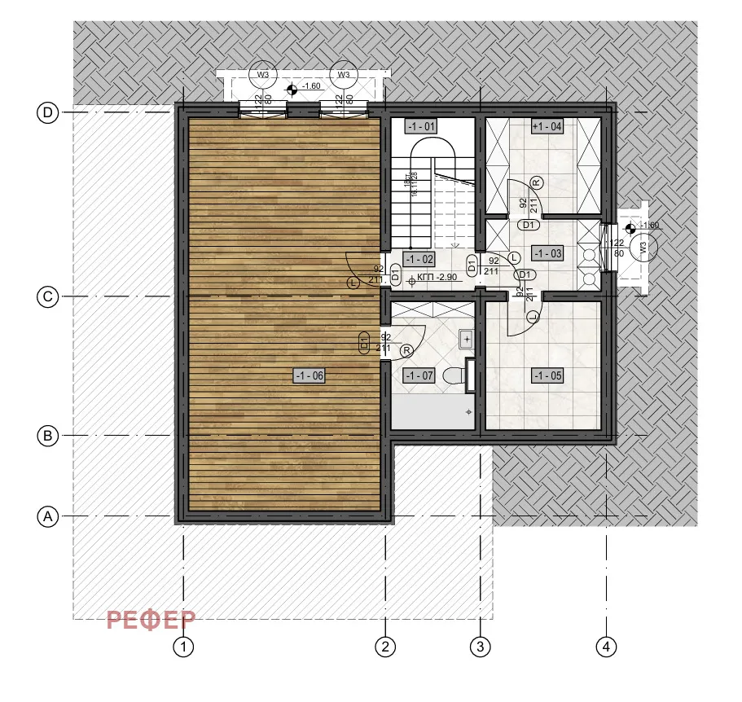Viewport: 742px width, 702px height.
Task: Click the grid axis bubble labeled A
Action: click(48, 516)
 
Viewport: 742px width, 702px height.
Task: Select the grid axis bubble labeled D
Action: click(48, 113)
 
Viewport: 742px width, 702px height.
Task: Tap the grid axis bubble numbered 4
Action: click(604, 647)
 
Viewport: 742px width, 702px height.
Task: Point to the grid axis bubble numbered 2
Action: click(385, 647)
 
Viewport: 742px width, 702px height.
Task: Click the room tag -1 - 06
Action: click(310, 375)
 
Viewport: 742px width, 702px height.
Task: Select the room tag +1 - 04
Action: click(547, 126)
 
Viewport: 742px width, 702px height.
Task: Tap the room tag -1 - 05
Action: click(547, 375)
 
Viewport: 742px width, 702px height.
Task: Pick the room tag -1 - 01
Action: click(421, 126)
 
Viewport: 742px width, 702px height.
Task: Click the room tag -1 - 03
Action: click(547, 253)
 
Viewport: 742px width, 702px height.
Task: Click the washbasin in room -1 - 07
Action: click(467, 337)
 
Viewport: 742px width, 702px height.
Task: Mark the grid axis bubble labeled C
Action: click(48, 297)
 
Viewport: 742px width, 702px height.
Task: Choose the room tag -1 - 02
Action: click(421, 259)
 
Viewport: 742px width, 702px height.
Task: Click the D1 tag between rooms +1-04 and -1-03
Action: click(528, 225)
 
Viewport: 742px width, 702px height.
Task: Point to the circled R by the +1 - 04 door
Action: click(537, 182)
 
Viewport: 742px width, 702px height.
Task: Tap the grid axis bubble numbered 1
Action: click(185, 647)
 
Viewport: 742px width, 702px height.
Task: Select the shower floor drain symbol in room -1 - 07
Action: click(470, 413)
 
